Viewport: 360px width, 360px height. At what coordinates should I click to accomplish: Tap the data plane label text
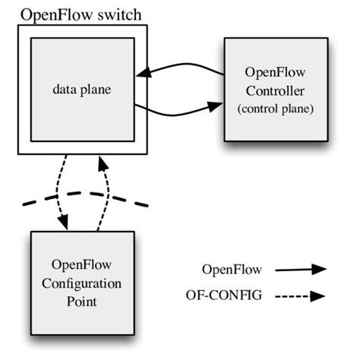(x=81, y=89)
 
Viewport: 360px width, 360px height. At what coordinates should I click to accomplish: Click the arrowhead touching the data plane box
(x=142, y=74)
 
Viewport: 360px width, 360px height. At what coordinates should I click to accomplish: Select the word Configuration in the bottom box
(x=81, y=283)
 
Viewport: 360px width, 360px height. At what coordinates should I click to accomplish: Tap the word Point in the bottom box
(x=81, y=301)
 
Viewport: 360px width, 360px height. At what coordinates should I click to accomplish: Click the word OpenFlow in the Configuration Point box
(x=81, y=266)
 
